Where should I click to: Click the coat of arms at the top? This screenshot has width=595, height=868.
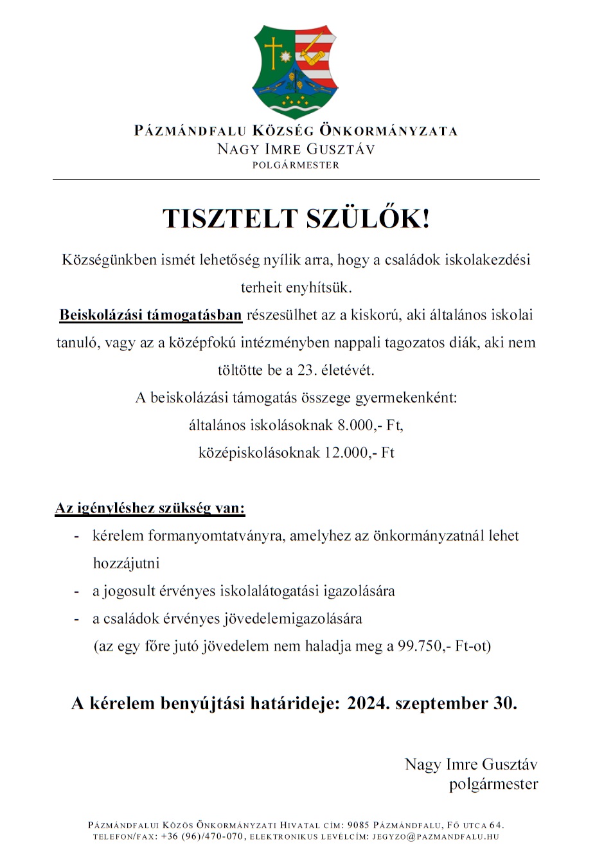point(296,71)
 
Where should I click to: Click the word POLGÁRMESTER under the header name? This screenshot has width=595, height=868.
point(296,165)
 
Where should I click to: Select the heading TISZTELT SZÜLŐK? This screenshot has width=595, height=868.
point(296,219)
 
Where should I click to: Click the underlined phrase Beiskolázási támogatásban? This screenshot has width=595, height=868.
point(150,315)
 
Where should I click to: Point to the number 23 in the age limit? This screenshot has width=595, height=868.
point(306,370)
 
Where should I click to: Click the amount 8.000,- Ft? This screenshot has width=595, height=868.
point(370,426)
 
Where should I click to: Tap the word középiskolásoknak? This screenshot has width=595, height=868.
point(259,453)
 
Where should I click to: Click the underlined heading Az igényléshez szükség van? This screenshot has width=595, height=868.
point(150,509)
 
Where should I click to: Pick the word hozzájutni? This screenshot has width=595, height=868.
point(126,564)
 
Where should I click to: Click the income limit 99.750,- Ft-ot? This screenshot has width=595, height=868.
point(443,647)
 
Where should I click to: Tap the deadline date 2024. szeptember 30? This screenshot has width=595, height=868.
point(432,703)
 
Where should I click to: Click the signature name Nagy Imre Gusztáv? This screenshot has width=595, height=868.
point(471,764)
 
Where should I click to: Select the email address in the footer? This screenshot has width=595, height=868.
point(436,837)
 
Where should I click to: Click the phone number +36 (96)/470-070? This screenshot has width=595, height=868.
point(202,837)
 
